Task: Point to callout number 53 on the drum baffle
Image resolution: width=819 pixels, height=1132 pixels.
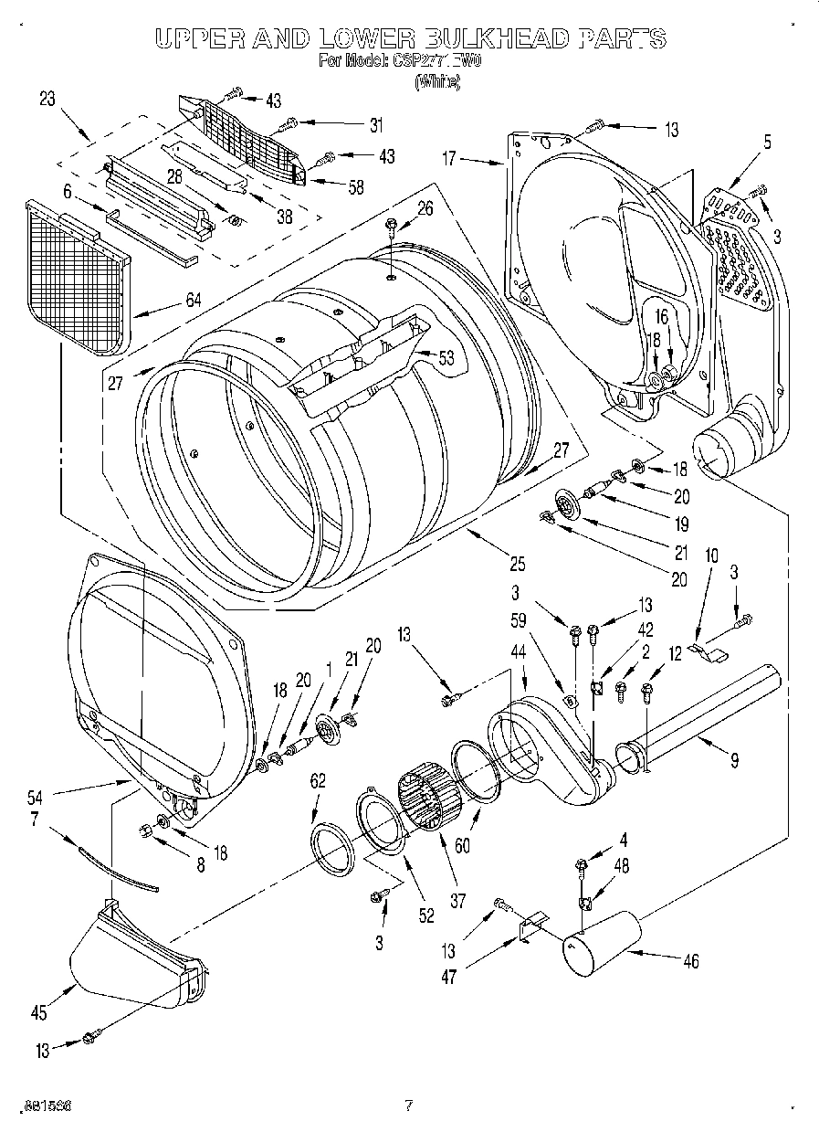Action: tap(446, 358)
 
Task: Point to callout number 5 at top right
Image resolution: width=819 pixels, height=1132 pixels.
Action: tap(767, 142)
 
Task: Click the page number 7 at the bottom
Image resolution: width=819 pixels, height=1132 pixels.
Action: tap(408, 1106)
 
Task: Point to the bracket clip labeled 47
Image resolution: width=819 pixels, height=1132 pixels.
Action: tap(527, 930)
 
